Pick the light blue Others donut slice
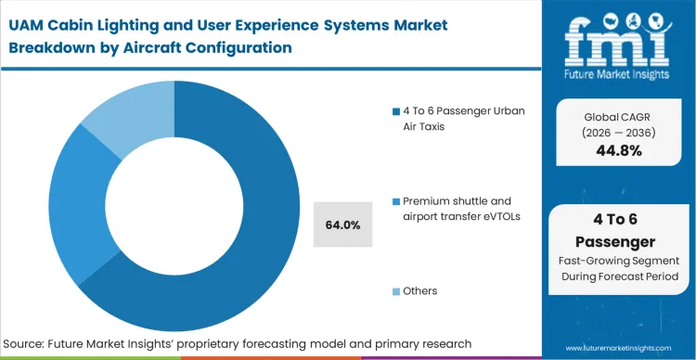click(121, 121)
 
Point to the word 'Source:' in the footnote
click(30, 344)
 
